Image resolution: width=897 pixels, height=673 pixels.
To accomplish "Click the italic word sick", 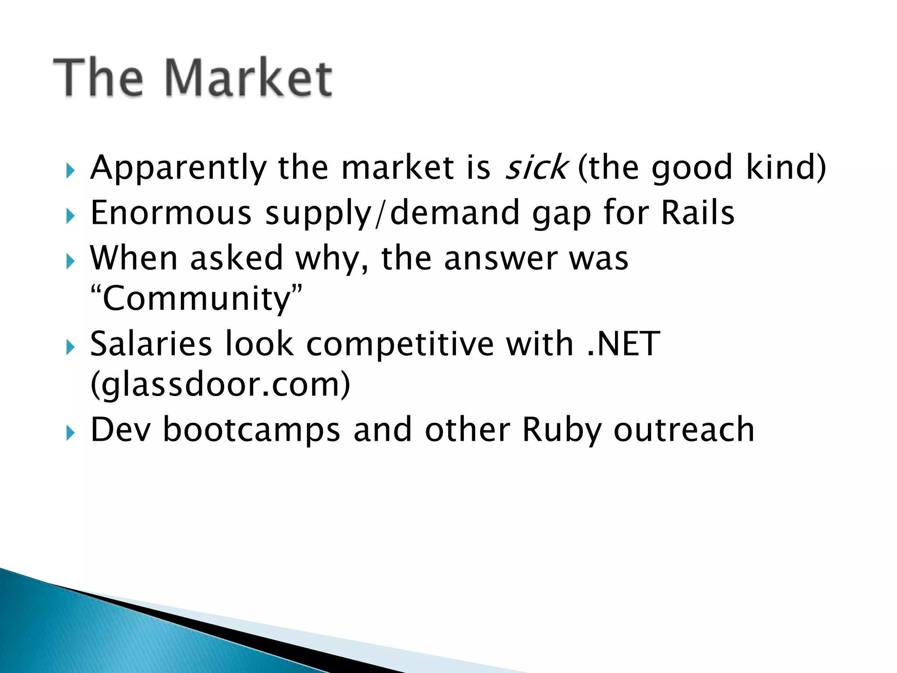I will (x=537, y=168).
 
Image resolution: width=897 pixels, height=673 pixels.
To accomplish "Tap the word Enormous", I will (x=171, y=213).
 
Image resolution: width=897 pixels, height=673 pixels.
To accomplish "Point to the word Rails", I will (x=698, y=213).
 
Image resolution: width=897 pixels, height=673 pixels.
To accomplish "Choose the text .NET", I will (x=623, y=344).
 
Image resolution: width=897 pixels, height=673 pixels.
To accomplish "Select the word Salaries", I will (x=151, y=344).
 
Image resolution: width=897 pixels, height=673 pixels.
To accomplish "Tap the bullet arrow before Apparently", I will (x=70, y=171).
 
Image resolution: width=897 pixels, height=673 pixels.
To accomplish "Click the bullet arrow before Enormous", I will (x=70, y=216).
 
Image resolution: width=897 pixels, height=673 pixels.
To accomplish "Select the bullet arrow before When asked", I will (x=70, y=262).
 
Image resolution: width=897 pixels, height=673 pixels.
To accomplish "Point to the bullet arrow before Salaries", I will (x=70, y=347).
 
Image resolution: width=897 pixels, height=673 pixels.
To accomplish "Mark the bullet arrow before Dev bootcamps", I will (x=70, y=433).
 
